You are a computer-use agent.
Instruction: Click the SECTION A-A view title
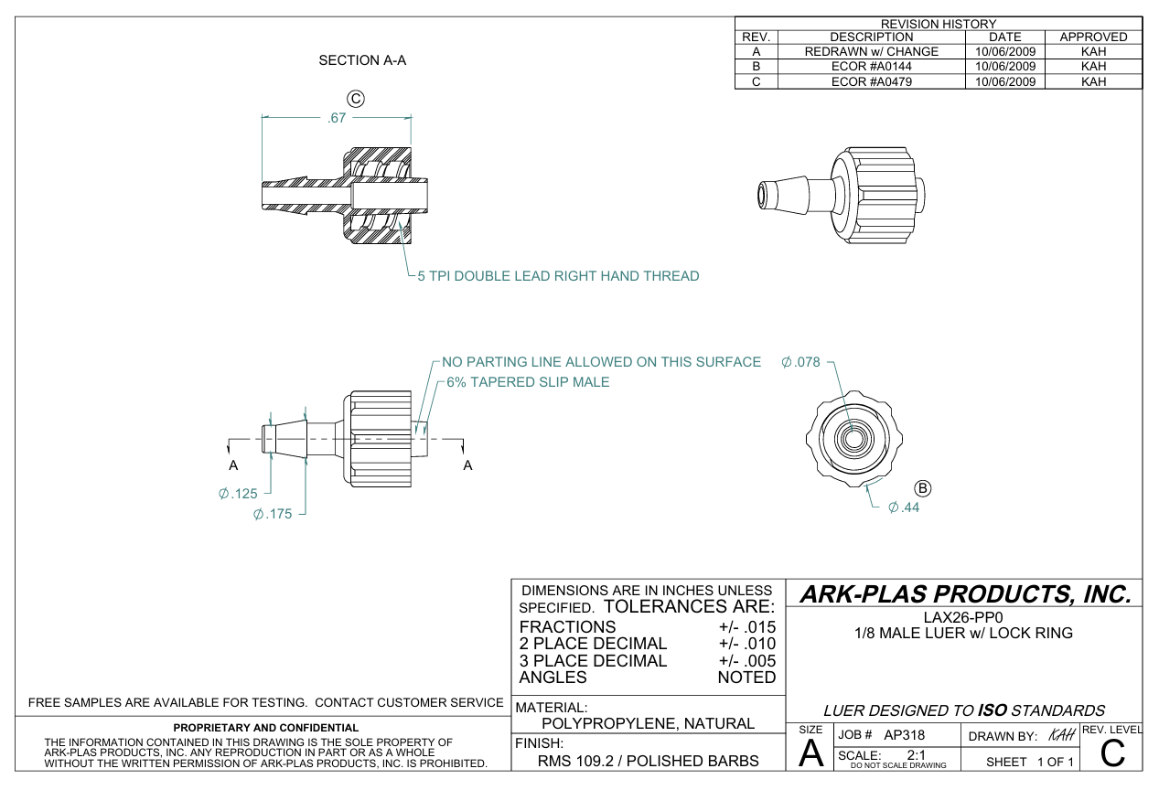point(361,60)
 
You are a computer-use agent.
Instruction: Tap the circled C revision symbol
point(357,98)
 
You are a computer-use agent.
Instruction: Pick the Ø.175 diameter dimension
point(273,514)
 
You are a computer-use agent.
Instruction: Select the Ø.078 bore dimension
point(801,362)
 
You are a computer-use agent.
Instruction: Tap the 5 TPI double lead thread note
point(558,276)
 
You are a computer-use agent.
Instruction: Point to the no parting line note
point(601,362)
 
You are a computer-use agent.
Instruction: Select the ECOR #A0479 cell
point(871,81)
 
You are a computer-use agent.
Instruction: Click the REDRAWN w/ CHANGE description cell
point(871,52)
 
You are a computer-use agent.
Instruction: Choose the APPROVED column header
point(1093,37)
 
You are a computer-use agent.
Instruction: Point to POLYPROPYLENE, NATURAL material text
point(648,724)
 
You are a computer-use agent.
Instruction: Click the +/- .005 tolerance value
point(747,661)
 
